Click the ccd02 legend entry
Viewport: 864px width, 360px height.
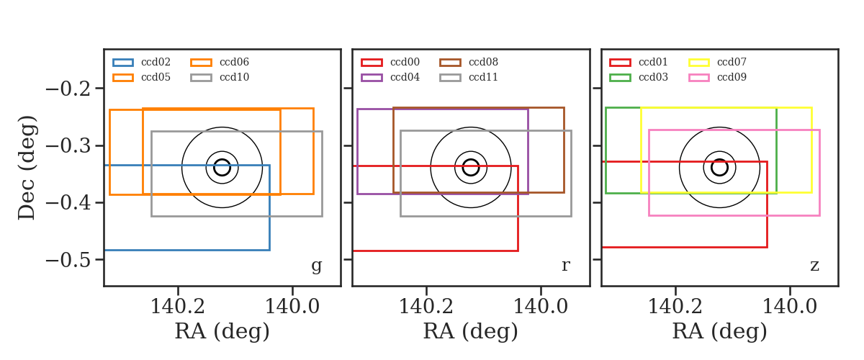[142, 62]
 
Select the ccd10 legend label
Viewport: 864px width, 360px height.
[234, 77]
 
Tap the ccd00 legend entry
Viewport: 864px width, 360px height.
[390, 62]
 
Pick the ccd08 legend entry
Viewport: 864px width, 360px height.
[469, 62]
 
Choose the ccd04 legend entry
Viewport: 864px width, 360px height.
[390, 77]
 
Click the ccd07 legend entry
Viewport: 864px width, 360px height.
[717, 62]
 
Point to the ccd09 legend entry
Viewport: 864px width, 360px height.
[717, 77]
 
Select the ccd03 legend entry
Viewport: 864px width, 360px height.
[639, 77]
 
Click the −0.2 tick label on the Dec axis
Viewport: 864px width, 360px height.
[68, 89]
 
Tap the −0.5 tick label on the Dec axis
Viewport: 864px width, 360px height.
[68, 260]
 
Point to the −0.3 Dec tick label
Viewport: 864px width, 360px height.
[68, 146]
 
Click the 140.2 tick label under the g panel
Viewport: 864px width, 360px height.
[178, 307]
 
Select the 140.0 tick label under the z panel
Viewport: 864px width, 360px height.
[790, 307]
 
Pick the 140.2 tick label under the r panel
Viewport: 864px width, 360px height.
[426, 307]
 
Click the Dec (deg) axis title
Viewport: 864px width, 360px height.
[27, 168]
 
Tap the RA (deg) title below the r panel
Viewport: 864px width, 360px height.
[471, 331]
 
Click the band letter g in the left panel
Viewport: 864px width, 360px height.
[316, 266]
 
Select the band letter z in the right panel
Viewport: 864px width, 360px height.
[814, 266]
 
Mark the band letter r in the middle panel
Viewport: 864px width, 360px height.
[565, 266]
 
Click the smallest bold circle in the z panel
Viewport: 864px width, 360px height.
[720, 168]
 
